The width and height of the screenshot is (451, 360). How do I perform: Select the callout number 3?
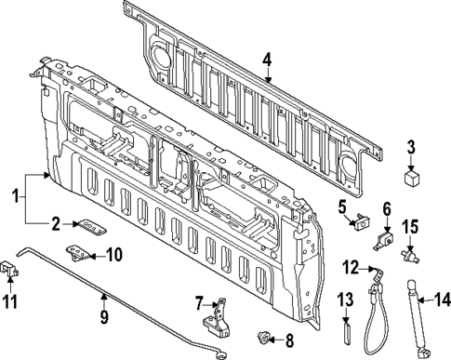coord(411,146)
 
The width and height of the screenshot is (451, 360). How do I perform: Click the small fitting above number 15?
coord(407,252)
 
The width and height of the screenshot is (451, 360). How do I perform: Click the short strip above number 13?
coord(346,331)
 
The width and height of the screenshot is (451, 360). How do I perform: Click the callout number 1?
coord(14,197)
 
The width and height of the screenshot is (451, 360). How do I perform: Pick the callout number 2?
coord(56,223)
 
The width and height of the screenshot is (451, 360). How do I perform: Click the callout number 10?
coord(115,254)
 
